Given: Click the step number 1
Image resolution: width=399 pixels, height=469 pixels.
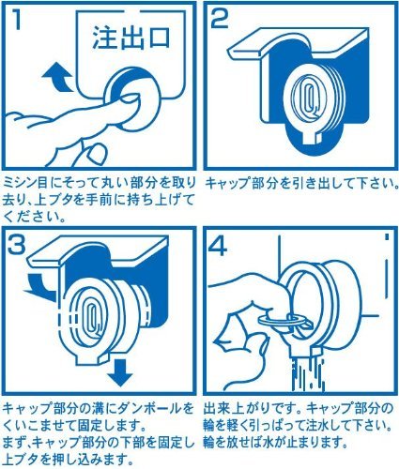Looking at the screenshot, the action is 17,20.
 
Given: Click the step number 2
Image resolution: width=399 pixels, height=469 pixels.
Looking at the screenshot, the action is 220,20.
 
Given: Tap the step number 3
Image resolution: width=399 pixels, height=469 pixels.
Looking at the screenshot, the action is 17,244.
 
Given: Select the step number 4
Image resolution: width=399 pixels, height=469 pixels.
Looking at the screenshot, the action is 218,245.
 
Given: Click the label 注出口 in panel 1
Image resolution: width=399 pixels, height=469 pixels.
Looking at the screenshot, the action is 131,38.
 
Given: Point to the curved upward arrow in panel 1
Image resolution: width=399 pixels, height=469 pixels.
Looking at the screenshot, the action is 59,77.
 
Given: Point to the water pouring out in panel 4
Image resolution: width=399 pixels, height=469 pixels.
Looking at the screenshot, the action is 308,374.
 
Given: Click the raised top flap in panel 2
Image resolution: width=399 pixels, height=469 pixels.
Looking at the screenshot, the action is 299,42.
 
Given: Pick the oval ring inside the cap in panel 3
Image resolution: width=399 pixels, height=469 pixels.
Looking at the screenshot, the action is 91,316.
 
